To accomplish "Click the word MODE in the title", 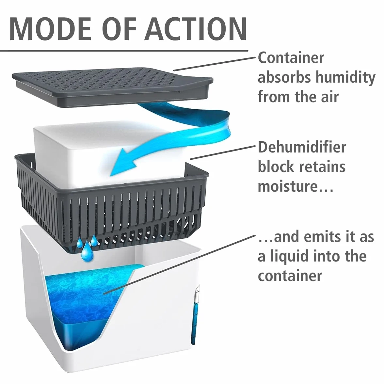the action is (x=51, y=28).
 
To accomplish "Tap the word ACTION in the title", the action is (x=196, y=28).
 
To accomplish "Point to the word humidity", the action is (x=345, y=77).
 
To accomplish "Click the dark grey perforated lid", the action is (x=112, y=87).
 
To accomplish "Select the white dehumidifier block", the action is (x=110, y=152).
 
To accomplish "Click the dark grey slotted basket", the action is (x=111, y=206).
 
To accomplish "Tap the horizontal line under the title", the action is (x=124, y=51).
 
